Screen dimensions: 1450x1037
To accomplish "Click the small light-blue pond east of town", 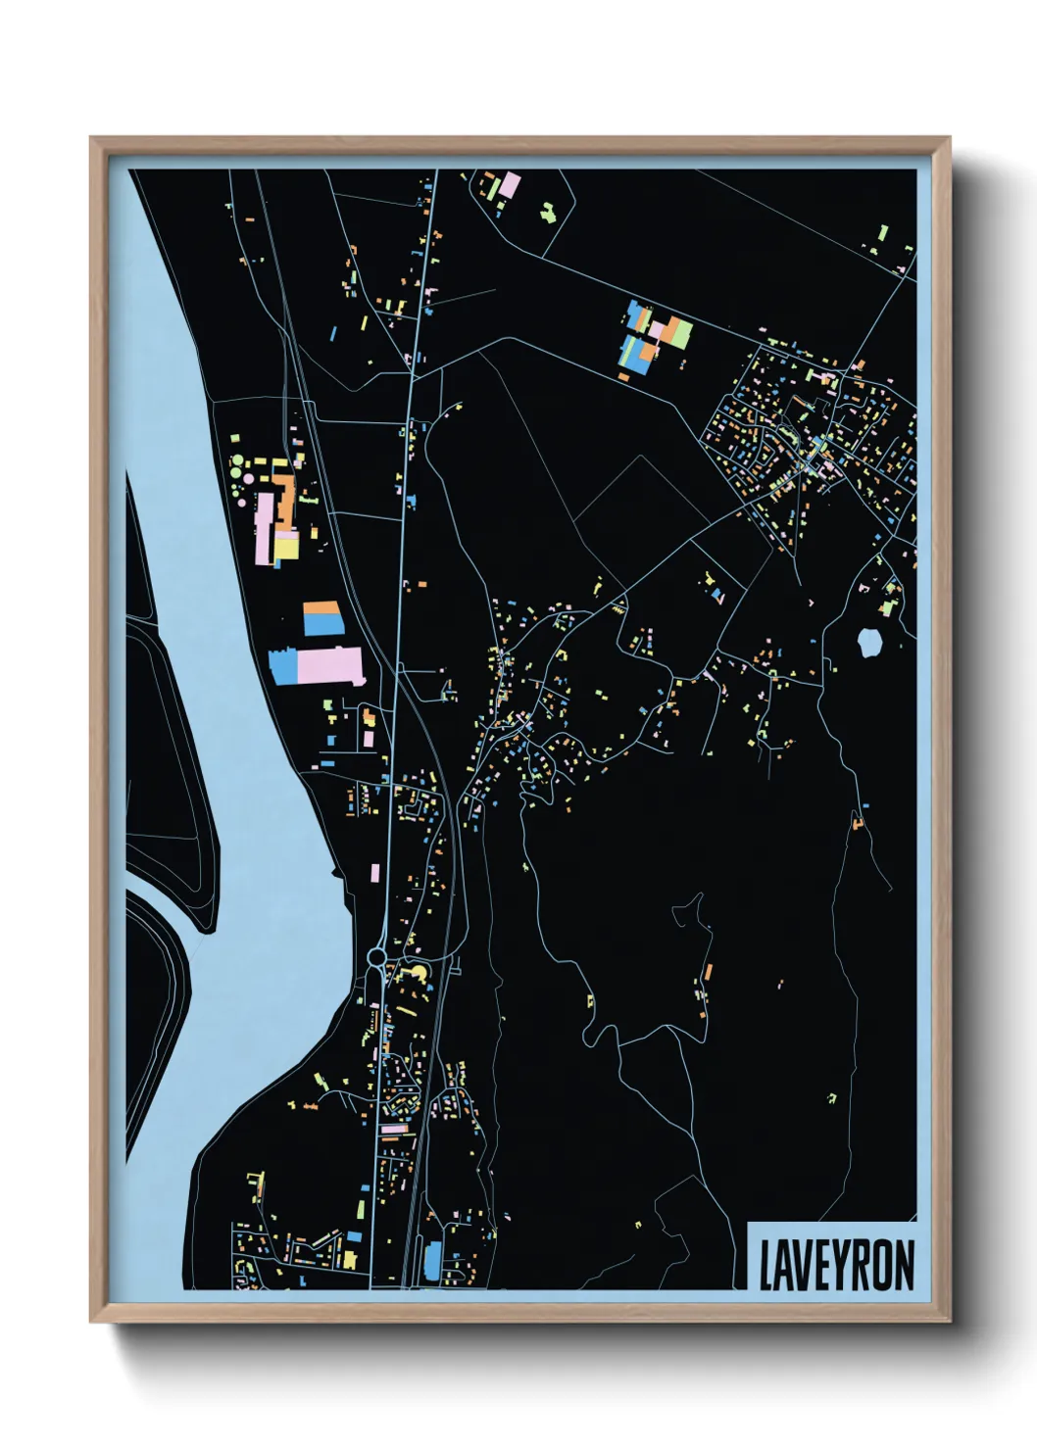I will (868, 643).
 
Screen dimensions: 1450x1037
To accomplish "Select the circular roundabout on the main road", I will (377, 955).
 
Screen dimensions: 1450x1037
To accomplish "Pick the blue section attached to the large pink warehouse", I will (283, 666).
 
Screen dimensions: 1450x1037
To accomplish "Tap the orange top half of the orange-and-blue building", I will (321, 608).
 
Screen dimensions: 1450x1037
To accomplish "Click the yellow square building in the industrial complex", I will (286, 547).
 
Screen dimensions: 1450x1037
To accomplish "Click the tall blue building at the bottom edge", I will (432, 1260).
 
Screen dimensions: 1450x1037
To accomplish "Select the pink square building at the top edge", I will (511, 184).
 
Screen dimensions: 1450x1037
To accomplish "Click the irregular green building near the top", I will (548, 211).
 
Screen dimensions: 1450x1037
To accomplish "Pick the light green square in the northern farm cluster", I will (680, 332).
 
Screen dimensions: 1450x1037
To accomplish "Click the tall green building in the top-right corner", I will (882, 233).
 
